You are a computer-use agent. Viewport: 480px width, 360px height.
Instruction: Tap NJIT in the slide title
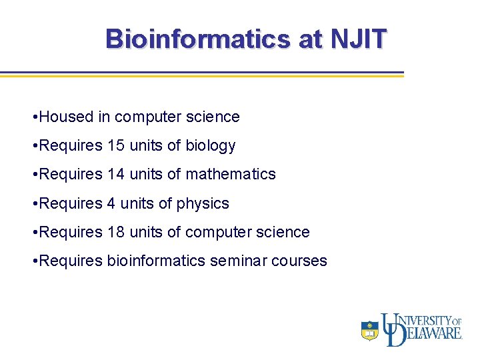(357, 39)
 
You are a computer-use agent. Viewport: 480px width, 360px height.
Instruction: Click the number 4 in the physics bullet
(111, 203)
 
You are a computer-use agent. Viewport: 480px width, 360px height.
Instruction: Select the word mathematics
(230, 174)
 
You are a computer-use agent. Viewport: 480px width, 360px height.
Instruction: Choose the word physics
(203, 203)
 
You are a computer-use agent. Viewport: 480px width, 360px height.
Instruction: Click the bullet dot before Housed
(34, 117)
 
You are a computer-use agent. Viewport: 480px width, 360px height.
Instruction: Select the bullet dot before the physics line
(34, 204)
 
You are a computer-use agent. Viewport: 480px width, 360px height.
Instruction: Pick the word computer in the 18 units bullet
(217, 232)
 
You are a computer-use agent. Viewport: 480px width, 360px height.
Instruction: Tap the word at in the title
(310, 39)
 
